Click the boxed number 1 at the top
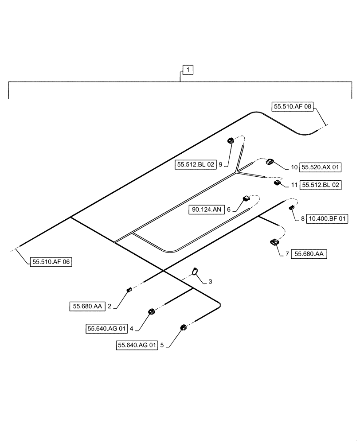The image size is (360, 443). (188, 70)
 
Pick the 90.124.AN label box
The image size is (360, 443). (207, 210)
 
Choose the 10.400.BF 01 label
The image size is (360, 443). (328, 218)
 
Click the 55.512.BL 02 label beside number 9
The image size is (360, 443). (196, 164)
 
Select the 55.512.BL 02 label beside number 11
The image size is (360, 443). (321, 185)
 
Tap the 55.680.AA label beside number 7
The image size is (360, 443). (309, 254)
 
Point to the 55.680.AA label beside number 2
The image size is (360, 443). (86, 306)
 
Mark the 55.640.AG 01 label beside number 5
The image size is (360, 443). (137, 346)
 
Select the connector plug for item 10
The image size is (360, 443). (270, 162)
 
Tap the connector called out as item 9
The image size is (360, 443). (231, 141)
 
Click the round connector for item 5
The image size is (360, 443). (182, 327)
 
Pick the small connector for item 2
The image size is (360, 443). (129, 290)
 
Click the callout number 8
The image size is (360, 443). (303, 218)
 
